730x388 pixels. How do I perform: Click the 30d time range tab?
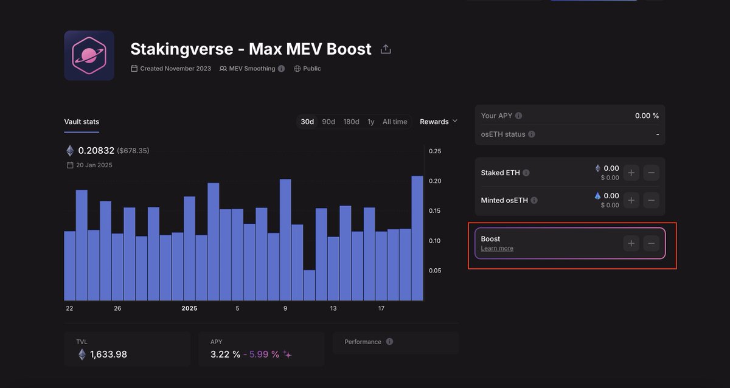click(x=307, y=122)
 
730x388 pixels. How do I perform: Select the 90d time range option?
click(x=328, y=122)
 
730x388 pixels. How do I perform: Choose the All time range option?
click(x=395, y=122)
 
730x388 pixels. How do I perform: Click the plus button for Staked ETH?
click(x=631, y=173)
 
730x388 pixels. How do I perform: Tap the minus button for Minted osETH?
click(x=651, y=200)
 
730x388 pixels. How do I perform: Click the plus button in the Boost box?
click(x=631, y=243)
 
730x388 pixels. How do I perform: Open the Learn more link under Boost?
click(x=497, y=248)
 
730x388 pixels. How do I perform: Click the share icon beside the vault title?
click(x=386, y=49)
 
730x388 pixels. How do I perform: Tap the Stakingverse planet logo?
click(x=89, y=55)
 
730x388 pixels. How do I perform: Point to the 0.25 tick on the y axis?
click(x=435, y=151)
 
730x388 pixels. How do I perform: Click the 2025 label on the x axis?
click(x=189, y=308)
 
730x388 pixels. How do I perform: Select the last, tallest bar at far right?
click(x=417, y=238)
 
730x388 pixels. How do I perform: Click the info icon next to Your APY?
click(x=518, y=116)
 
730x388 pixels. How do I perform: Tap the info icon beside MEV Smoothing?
click(x=281, y=68)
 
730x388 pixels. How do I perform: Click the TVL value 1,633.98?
click(x=108, y=354)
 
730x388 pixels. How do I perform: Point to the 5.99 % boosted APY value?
click(x=264, y=354)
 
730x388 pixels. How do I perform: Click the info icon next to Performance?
click(x=389, y=341)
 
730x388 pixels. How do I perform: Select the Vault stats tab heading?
click(x=82, y=122)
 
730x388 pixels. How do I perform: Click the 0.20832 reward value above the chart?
click(x=96, y=150)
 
